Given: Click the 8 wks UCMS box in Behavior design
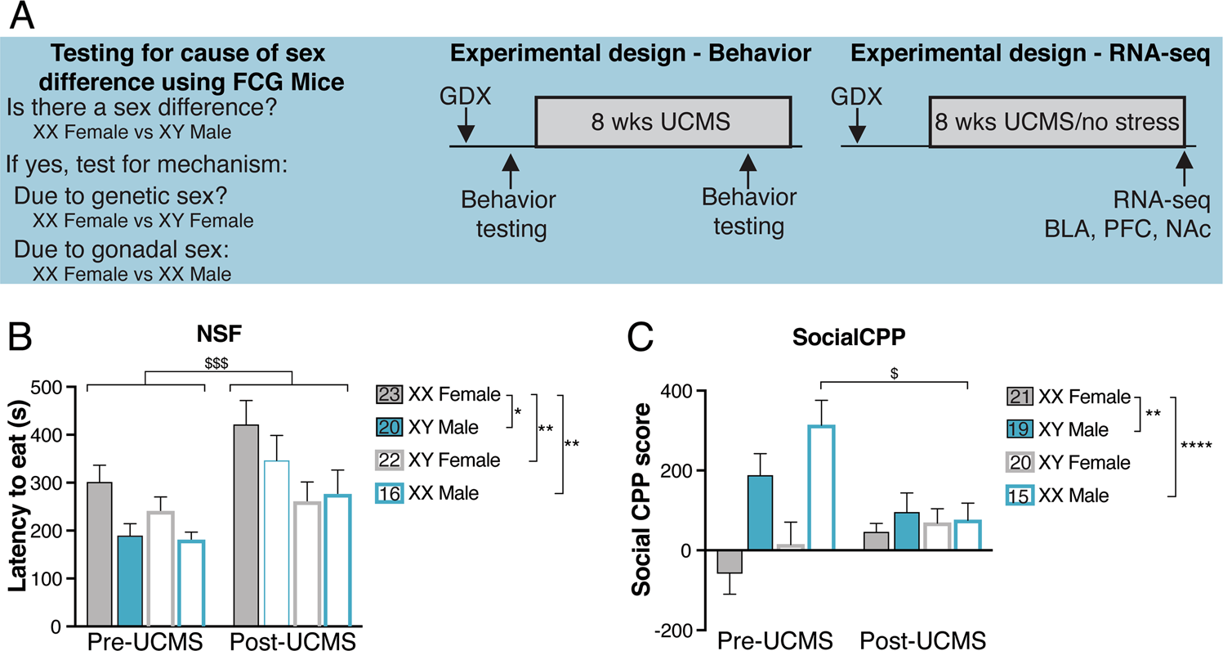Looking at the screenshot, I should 663,123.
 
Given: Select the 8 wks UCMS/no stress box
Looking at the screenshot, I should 1057,123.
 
